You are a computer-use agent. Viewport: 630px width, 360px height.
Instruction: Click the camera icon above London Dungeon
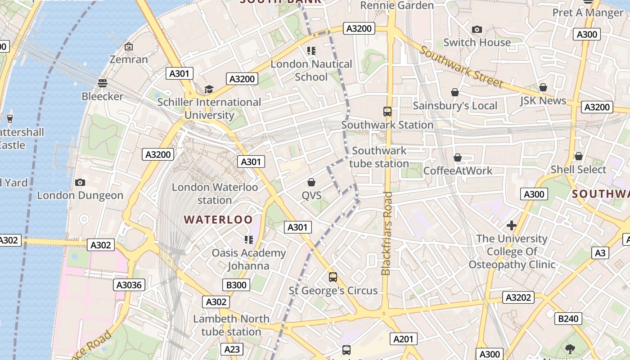(80, 182)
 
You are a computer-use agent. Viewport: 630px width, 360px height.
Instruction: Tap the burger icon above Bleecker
(103, 83)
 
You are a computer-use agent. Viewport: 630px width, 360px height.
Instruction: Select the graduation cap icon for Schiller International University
(209, 89)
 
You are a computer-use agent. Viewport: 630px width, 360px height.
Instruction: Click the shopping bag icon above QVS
(311, 182)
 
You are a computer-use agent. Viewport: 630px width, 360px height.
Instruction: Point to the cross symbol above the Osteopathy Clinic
(511, 225)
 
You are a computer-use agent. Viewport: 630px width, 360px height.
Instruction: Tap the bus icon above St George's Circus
(333, 277)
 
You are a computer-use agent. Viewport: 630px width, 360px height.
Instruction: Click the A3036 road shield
(129, 284)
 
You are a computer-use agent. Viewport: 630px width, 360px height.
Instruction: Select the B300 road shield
(236, 284)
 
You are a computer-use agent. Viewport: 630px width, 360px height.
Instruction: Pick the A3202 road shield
(519, 297)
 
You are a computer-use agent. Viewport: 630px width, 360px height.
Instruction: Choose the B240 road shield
(568, 319)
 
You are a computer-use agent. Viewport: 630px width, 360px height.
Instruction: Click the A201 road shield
(403, 339)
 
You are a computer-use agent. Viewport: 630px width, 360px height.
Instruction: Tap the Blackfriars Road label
(387, 233)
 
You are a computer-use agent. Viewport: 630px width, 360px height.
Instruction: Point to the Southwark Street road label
(461, 67)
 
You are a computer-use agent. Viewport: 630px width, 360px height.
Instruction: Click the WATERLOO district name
(218, 220)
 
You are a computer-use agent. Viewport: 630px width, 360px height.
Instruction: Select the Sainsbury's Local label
(455, 106)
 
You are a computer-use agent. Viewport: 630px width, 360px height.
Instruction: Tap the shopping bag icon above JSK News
(543, 87)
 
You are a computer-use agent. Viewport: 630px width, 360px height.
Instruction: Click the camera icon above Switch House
(477, 30)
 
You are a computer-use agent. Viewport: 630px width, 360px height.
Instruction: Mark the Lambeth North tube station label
(231, 325)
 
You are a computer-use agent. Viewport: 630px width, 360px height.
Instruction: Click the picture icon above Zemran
(129, 46)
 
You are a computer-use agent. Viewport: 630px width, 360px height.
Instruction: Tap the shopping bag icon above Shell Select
(579, 157)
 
